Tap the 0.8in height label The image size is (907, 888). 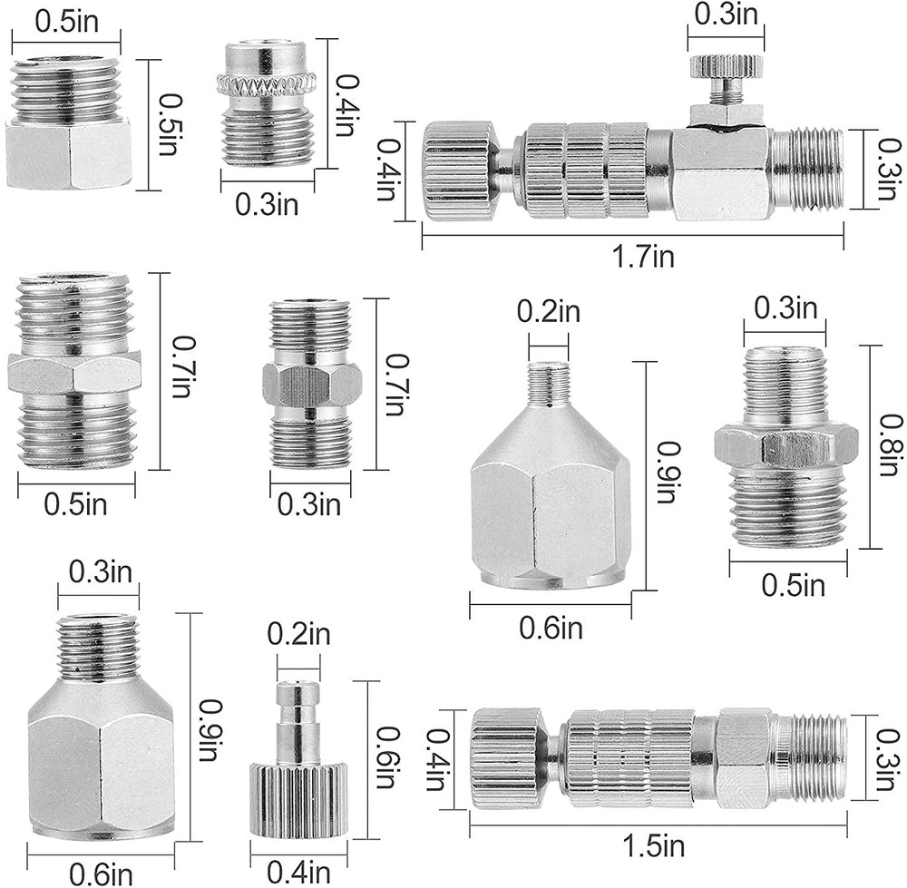887,446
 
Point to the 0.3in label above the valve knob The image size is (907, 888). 725,15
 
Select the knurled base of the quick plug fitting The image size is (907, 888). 297,798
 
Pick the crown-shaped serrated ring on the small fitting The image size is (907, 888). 265,86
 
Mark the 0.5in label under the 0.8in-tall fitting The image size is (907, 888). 791,586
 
